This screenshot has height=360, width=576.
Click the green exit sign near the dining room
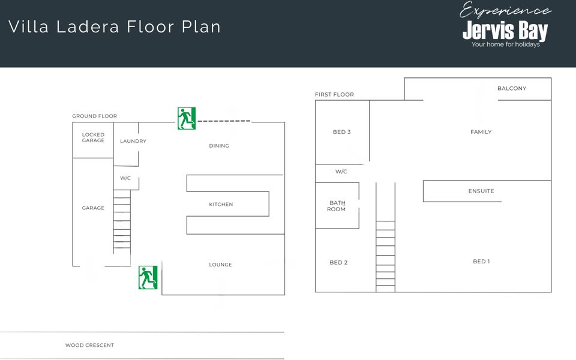(x=187, y=118)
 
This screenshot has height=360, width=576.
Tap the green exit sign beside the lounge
(x=148, y=277)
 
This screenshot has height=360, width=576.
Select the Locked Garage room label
(x=94, y=137)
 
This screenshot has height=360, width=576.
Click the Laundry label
(x=133, y=141)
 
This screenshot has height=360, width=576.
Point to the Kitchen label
(x=221, y=204)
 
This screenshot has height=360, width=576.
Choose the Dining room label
(x=219, y=146)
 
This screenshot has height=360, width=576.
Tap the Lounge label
(x=220, y=265)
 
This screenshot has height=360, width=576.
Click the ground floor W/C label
(x=125, y=178)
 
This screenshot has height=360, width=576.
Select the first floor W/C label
(x=341, y=172)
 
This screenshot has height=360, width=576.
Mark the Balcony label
(x=512, y=89)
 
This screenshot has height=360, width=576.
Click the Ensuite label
(x=481, y=191)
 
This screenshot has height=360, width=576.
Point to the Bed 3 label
(x=341, y=132)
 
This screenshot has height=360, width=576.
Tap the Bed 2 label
(x=338, y=263)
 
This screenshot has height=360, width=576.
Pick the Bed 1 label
(x=481, y=262)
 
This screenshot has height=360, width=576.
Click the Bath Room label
(x=337, y=206)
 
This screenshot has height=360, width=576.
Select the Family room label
(x=481, y=132)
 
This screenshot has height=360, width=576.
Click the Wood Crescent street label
(x=89, y=346)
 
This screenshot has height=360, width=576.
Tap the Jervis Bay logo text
(x=505, y=31)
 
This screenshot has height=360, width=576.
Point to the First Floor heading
(x=334, y=94)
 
